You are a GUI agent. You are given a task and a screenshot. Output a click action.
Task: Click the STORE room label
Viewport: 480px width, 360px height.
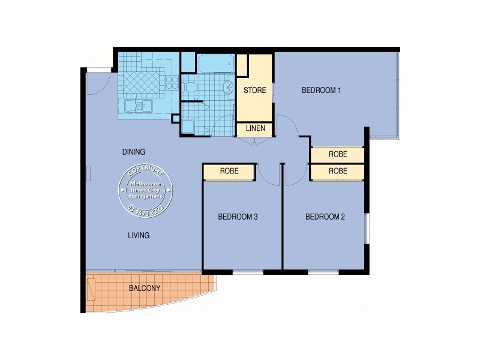coord(254,91)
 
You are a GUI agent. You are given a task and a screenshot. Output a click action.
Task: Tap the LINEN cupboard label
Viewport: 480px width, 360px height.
coord(254,129)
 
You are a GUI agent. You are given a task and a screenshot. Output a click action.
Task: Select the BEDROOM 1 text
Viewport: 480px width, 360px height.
coord(321,91)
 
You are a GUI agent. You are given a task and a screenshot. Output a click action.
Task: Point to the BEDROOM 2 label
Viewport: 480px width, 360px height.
coord(325,217)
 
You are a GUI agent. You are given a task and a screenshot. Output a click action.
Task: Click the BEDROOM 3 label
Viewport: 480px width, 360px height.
coord(238,217)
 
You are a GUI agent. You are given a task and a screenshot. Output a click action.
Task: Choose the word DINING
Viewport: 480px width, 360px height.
coord(133,152)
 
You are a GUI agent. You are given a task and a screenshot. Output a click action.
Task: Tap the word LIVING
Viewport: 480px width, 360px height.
coord(138,235)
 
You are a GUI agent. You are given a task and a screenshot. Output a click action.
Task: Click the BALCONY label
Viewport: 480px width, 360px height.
coord(145,288)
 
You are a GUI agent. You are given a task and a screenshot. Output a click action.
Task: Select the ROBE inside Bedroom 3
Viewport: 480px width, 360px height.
coord(229,172)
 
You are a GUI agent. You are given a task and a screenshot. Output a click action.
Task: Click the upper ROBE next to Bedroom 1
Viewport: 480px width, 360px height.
coord(338,154)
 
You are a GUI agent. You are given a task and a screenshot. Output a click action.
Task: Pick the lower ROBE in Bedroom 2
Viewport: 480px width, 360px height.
coord(338,171)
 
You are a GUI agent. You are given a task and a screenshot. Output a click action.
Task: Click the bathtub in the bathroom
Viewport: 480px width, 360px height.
coord(215,64)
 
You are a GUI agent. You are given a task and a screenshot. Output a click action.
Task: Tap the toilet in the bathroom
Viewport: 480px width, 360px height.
coord(191,88)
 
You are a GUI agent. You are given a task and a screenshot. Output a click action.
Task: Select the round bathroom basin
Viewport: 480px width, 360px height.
coord(228,88)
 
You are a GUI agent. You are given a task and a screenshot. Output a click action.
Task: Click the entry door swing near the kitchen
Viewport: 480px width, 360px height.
coord(96,84)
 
